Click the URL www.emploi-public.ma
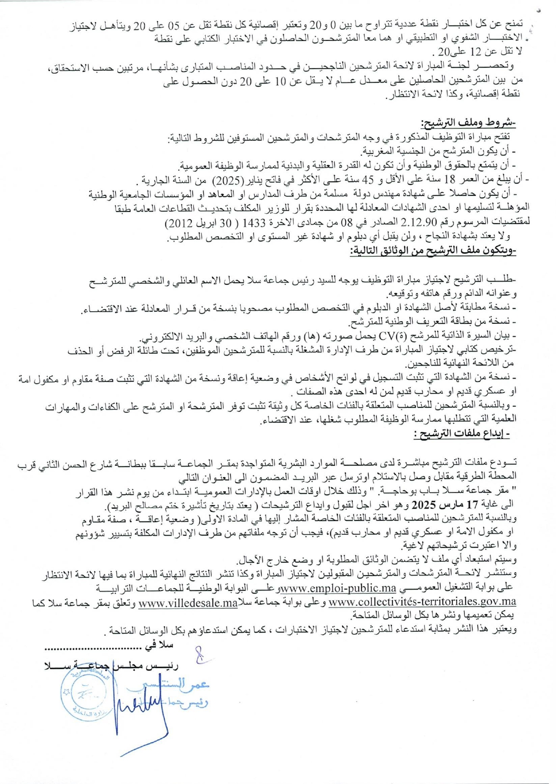pyautogui.click(x=338, y=588)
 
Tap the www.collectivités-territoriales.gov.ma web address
pyautogui.click(x=422, y=602)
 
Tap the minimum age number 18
pyautogui.click(x=450, y=180)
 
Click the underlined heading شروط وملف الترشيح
pyautogui.click(x=468, y=123)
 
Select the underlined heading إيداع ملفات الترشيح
pyautogui.click(x=461, y=433)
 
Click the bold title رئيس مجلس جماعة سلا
pyautogui.click(x=111, y=665)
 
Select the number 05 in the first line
pyautogui.click(x=174, y=25)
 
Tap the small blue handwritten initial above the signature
pyautogui.click(x=201, y=654)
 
